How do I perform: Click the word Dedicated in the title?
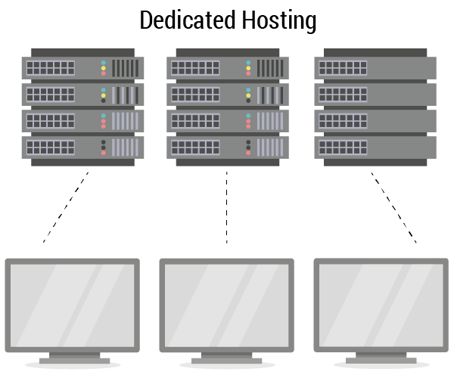186,20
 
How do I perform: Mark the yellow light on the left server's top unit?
104,68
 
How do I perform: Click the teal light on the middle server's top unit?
248,62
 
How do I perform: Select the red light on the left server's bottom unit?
104,152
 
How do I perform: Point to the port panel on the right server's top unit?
343,68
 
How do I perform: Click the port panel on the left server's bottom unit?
50,147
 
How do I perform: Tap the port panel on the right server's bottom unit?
343,147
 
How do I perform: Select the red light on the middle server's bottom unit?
248,152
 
